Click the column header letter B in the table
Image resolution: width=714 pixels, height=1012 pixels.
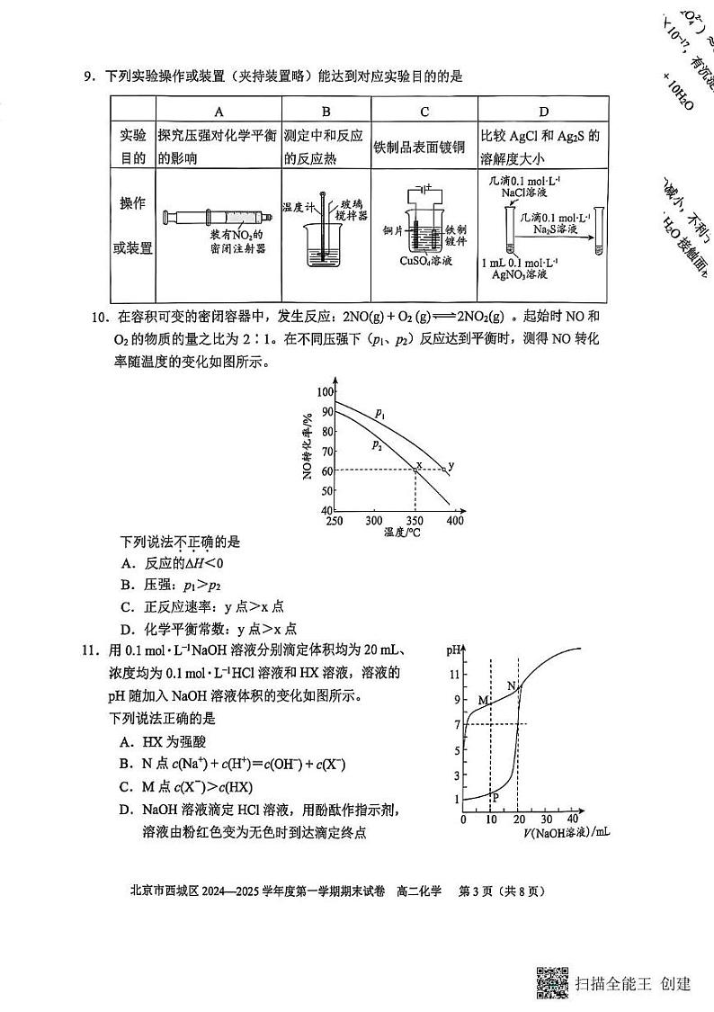pyautogui.click(x=326, y=112)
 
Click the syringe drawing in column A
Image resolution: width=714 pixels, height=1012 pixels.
pyautogui.click(x=218, y=217)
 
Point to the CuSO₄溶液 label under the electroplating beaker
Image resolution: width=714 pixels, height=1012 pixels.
pyautogui.click(x=426, y=261)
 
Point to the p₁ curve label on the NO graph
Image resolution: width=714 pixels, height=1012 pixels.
pyautogui.click(x=380, y=414)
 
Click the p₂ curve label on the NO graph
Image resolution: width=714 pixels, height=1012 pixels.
pyautogui.click(x=377, y=443)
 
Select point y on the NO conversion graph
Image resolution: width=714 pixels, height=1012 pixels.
pyautogui.click(x=451, y=465)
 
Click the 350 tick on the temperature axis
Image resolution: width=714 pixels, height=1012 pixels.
pyautogui.click(x=415, y=521)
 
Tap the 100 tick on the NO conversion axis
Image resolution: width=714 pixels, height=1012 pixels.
pyautogui.click(x=324, y=392)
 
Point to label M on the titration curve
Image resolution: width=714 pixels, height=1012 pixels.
pyautogui.click(x=483, y=700)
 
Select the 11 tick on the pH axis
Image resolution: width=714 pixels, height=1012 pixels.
pyautogui.click(x=456, y=674)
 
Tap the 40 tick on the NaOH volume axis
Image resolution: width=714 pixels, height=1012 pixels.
pyautogui.click(x=573, y=819)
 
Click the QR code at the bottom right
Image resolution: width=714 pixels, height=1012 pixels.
pyautogui.click(x=553, y=981)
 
